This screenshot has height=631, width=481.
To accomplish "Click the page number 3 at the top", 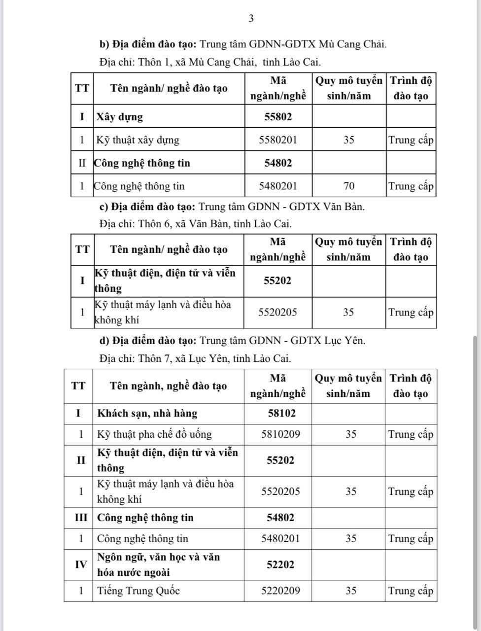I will (251, 19).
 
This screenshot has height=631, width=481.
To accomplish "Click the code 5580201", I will (278, 140).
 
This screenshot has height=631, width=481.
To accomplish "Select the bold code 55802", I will (278, 117).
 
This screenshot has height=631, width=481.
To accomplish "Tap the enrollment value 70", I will (348, 186).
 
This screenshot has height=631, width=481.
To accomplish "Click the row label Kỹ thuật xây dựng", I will (138, 140).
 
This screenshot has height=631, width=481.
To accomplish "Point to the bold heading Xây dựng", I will (120, 117).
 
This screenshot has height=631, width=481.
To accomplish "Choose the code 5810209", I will (280, 434).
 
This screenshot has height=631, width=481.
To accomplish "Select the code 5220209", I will (280, 591).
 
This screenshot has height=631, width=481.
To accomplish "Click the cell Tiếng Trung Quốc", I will (138, 591).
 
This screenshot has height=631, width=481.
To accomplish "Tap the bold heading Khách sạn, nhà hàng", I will (147, 413).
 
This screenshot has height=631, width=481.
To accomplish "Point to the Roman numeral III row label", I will (79, 518).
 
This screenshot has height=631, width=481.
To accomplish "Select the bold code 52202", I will (280, 564).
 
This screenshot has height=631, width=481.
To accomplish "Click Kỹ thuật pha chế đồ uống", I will (154, 434).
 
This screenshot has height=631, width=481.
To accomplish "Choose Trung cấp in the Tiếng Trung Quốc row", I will (411, 591).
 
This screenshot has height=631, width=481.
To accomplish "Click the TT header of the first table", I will (82, 88).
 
